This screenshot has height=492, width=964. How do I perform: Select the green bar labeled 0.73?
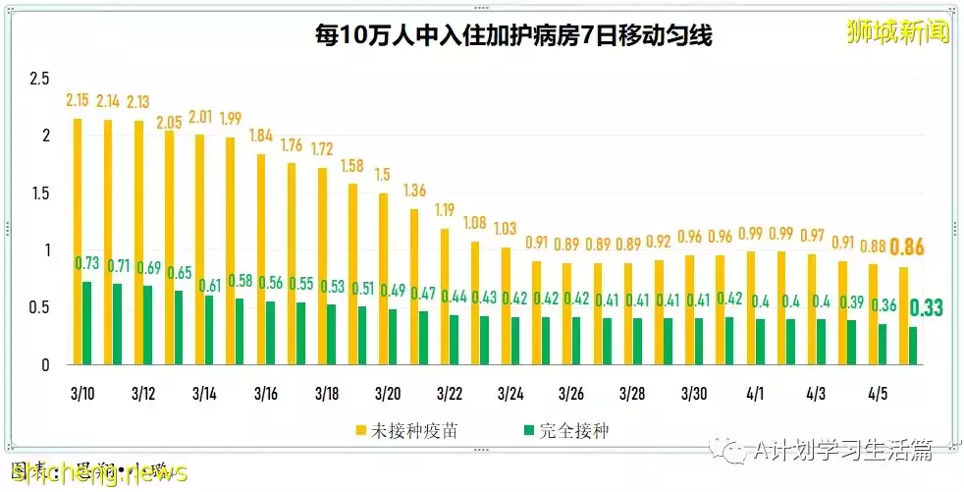(x=86, y=323)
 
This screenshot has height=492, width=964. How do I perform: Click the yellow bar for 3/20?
(x=383, y=279)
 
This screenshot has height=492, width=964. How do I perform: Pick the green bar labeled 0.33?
(x=914, y=346)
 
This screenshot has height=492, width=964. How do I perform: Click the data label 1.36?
(x=414, y=191)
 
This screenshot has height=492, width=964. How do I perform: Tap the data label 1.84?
(x=261, y=136)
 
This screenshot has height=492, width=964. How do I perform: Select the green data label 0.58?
(x=240, y=281)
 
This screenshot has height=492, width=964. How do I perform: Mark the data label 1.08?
(x=475, y=223)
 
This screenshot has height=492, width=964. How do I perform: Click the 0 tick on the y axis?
(x=45, y=365)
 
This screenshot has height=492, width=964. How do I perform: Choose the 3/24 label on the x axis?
(x=510, y=394)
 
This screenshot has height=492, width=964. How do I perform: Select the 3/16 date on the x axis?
(x=266, y=394)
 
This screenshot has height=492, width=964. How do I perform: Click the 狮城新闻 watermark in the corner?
(x=898, y=31)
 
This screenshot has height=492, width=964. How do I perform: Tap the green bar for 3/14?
(x=208, y=330)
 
